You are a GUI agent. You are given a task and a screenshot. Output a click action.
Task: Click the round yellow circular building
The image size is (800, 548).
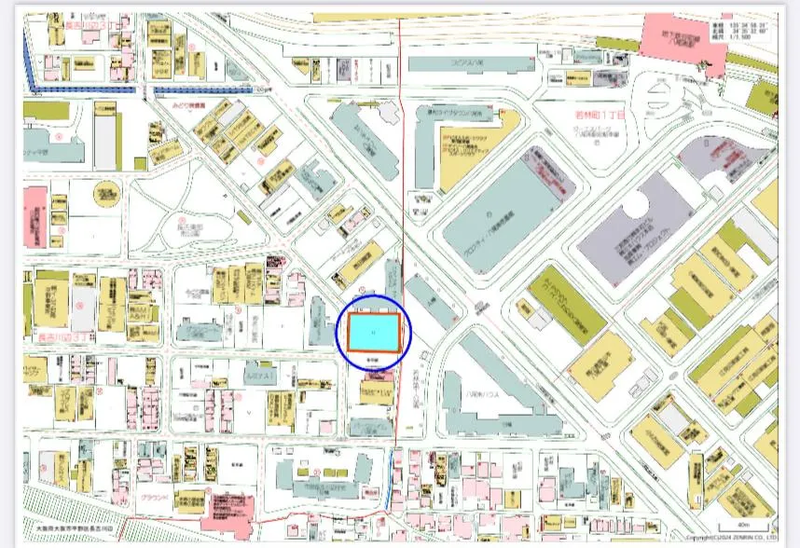(x=106, y=193)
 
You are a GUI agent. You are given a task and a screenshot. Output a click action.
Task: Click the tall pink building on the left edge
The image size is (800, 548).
(x=34, y=219)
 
